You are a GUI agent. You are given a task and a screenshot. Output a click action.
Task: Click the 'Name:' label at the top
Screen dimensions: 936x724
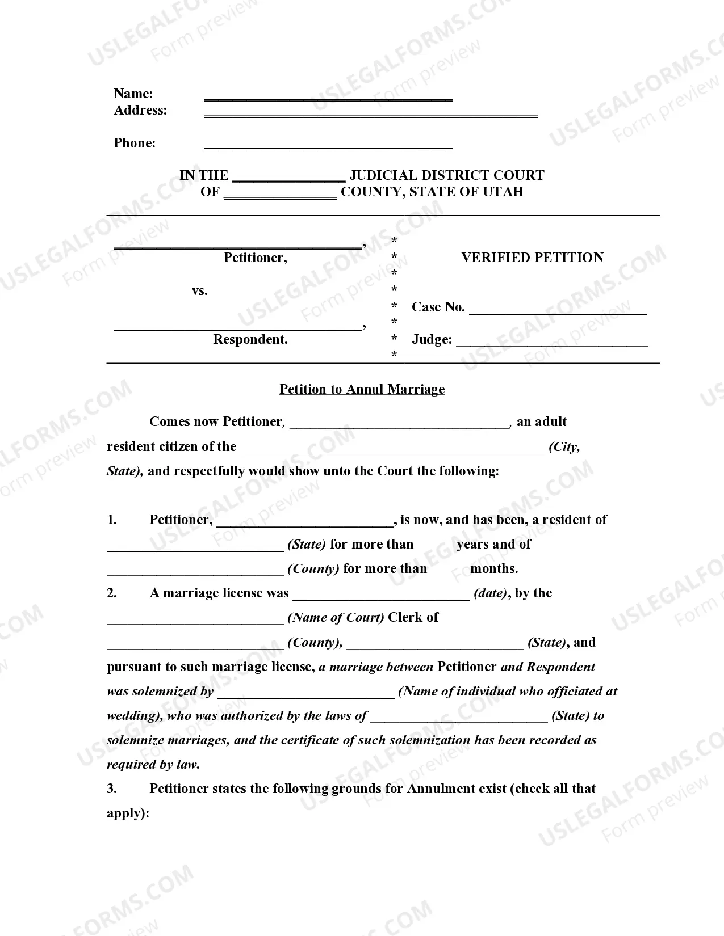pos(133,94)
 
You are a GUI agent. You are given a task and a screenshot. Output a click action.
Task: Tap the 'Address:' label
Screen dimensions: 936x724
pos(140,110)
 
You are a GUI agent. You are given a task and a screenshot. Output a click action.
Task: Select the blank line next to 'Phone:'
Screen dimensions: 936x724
pos(328,147)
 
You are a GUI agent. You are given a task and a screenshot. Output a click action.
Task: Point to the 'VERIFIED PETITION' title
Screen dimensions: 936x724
pos(532,258)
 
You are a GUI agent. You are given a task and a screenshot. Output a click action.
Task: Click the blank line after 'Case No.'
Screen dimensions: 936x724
pos(558,312)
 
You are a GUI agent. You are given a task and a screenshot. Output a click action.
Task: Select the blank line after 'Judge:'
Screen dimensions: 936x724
pos(551,344)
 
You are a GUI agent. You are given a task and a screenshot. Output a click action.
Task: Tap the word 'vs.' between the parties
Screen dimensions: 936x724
pos(199,291)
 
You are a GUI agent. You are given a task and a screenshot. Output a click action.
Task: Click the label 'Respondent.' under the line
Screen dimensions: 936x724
pos(250,339)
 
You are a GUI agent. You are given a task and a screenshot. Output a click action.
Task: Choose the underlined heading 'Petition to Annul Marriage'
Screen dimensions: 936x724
pos(362,389)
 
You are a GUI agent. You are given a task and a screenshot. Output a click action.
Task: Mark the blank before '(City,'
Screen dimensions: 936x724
pos(392,452)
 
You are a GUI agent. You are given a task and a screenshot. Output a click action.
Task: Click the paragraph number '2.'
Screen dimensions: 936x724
pos(112,593)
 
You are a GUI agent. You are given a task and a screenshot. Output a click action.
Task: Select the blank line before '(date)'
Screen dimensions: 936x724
pos(381,598)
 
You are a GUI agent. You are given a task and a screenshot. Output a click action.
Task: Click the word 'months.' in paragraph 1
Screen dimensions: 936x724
pos(494,569)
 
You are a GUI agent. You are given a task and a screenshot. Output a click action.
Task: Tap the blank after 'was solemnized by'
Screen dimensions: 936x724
pos(306,696)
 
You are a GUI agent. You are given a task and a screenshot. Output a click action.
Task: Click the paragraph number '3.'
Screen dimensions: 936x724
pos(112,789)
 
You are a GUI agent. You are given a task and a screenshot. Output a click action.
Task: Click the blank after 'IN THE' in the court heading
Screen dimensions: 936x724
pos(288,180)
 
